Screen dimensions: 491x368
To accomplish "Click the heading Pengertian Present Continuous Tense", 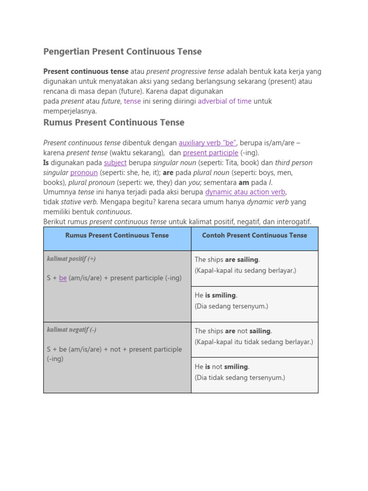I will pyautogui.click(x=122, y=51).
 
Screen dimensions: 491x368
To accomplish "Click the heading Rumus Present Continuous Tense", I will pyautogui.click(x=114, y=122).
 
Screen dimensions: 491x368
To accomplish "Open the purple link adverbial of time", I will pyautogui.click(x=224, y=101).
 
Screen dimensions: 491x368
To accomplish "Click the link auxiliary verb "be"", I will pyautogui.click(x=207, y=143).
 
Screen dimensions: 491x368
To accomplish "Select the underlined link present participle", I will pyautogui.click(x=210, y=153).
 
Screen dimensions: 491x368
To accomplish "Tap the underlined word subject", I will pyautogui.click(x=115, y=163).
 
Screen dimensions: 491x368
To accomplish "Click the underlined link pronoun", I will pyautogui.click(x=84, y=173).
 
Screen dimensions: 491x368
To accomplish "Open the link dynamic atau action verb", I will pyautogui.click(x=245, y=192).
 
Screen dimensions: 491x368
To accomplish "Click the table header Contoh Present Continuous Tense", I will pyautogui.click(x=254, y=235).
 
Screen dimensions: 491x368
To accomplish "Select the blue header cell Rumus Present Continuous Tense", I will pyautogui.click(x=117, y=235).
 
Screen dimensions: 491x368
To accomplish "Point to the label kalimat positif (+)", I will pyautogui.click(x=71, y=259).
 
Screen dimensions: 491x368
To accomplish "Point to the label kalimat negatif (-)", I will pyautogui.click(x=71, y=330).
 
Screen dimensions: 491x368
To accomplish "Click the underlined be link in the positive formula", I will pyautogui.click(x=63, y=278).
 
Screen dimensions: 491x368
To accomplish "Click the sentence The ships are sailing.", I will pyautogui.click(x=227, y=259).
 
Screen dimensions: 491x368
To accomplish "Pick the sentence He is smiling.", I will pyautogui.click(x=216, y=295).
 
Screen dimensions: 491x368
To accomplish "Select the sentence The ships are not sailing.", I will pyautogui.click(x=233, y=331).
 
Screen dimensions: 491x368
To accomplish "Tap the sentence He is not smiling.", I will pyautogui.click(x=222, y=367).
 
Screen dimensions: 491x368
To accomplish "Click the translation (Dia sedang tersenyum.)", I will pyautogui.click(x=231, y=306).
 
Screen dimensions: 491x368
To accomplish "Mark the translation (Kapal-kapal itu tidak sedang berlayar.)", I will pyautogui.click(x=253, y=342).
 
